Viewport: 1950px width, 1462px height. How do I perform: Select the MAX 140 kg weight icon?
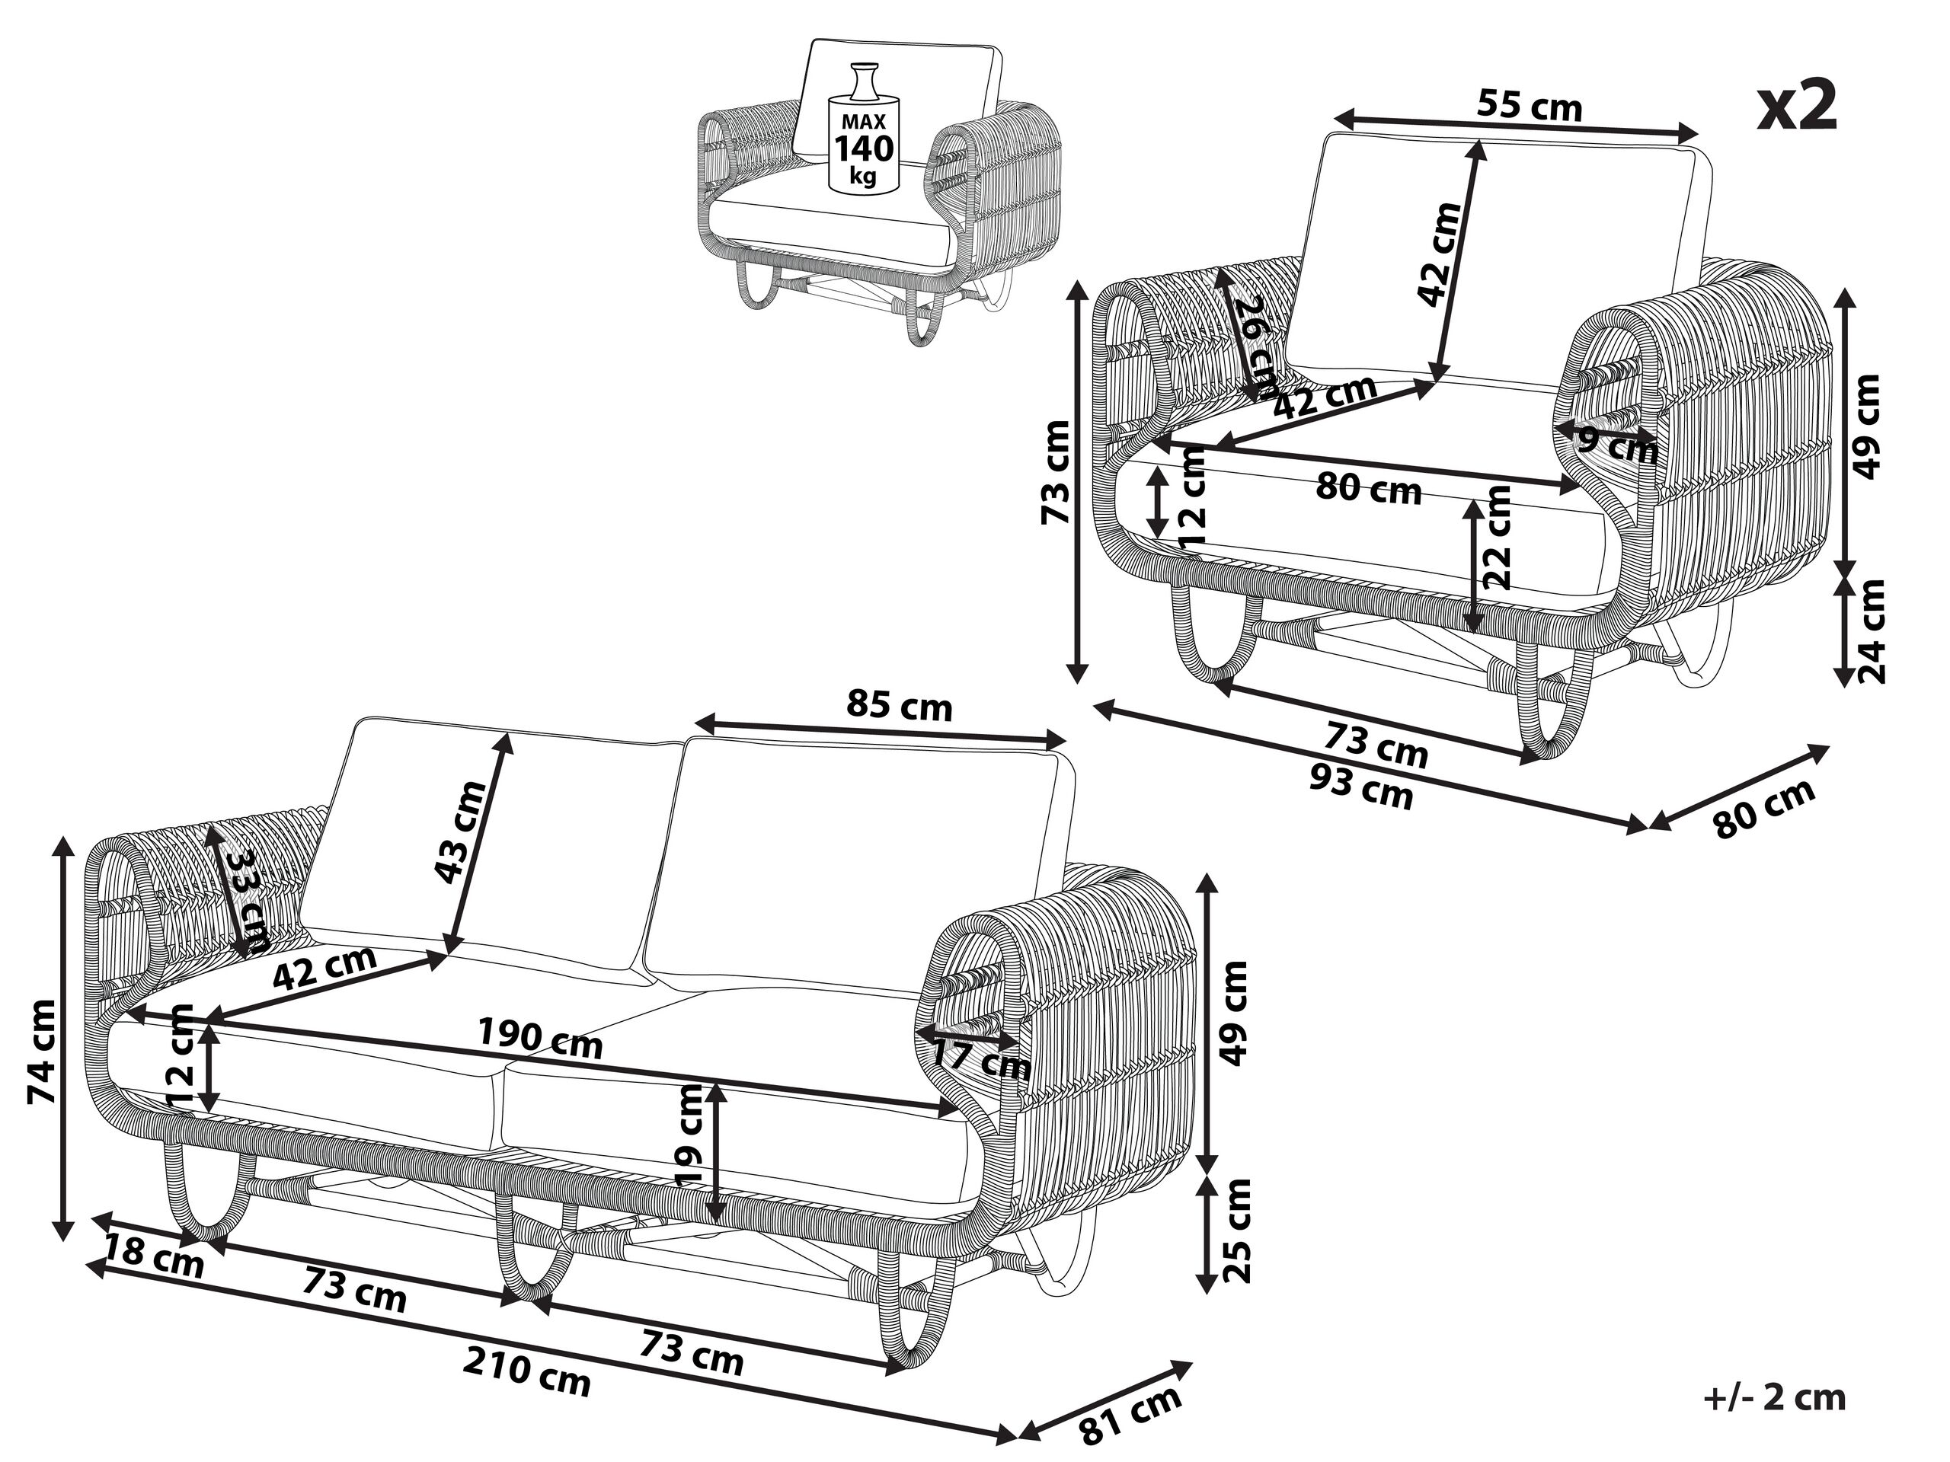tap(863, 129)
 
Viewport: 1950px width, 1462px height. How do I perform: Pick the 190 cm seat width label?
tap(539, 1037)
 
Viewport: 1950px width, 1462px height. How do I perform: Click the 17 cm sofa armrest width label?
tap(981, 1058)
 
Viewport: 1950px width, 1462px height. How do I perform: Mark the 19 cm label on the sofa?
tap(687, 1135)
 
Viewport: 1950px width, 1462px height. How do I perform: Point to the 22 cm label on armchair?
tap(1497, 537)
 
